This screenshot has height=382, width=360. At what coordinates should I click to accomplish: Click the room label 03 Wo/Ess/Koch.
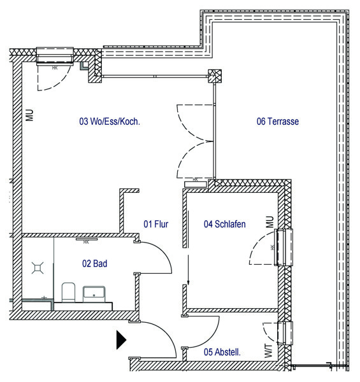coord(110,122)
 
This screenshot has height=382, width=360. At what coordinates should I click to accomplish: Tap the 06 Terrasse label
coord(278,122)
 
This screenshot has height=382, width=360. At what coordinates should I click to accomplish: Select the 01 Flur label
coord(155,224)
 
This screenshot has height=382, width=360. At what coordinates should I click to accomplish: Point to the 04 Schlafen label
coord(224,224)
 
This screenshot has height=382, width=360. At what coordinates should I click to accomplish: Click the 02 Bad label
coord(94,264)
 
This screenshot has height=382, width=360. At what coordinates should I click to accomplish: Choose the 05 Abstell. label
coord(222,352)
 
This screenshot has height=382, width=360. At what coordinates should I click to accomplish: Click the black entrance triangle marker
coord(121,340)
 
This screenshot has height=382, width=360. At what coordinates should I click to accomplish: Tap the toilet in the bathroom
coord(68,292)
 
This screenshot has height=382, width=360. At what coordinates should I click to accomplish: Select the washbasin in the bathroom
coord(94,294)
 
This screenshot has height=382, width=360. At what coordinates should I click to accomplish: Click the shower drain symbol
coord(38,268)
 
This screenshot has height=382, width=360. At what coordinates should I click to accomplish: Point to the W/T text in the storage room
coord(268,351)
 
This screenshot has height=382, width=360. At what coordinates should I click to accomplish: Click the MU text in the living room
coord(29,115)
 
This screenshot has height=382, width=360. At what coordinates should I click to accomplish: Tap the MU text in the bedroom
coord(270,222)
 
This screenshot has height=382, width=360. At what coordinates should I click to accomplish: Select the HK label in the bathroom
coord(86,242)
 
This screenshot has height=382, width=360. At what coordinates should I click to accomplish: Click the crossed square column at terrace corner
coord(215,76)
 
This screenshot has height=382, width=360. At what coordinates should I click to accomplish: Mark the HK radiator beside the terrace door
coord(196,184)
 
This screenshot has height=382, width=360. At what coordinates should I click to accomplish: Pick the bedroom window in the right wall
coord(284,247)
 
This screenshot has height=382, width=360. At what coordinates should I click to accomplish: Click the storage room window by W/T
coord(285,333)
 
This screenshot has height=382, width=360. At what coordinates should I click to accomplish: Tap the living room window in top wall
coord(55,56)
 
